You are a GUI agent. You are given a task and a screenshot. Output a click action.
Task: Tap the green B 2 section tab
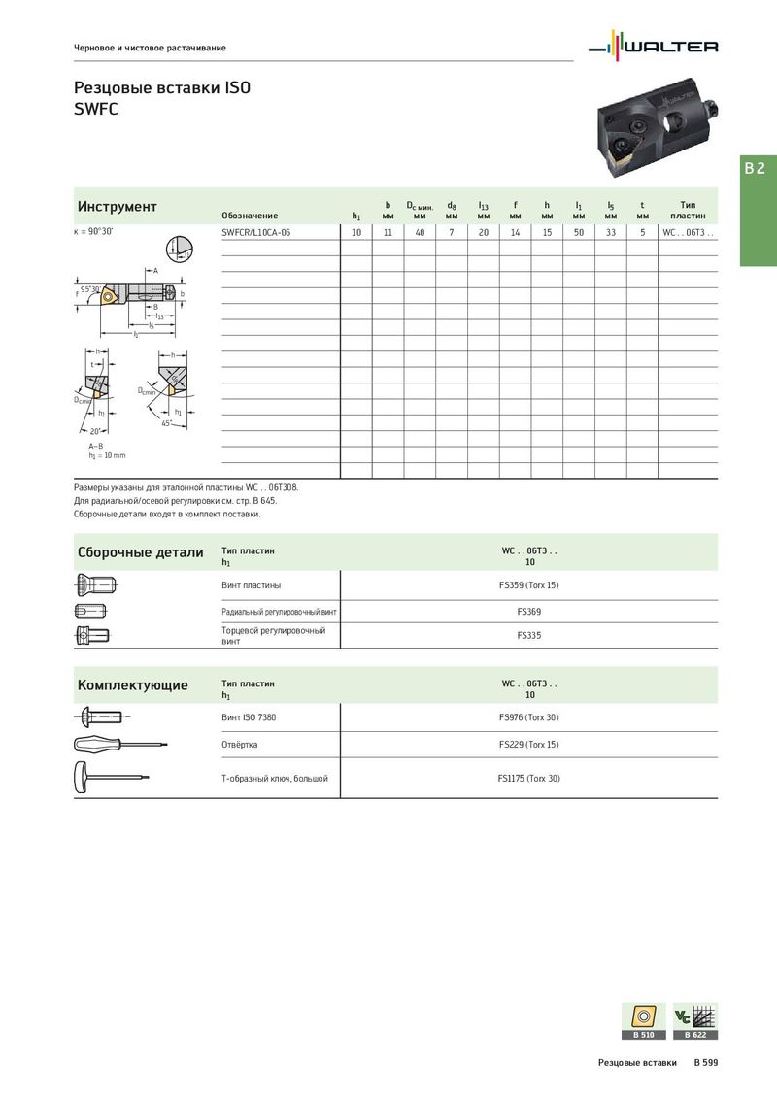(x=756, y=168)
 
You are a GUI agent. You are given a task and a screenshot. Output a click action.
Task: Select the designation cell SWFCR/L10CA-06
(x=256, y=233)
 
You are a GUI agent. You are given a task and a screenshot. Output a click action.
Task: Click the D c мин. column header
(x=420, y=210)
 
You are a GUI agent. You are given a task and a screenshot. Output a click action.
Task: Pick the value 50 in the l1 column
(x=579, y=233)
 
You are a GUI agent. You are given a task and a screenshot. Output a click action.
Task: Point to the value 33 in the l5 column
(x=611, y=233)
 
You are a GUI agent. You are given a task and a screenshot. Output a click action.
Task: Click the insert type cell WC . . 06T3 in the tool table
(x=688, y=233)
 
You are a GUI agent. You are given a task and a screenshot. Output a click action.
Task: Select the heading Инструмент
(x=118, y=207)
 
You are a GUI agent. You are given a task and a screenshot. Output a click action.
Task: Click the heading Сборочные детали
(x=141, y=552)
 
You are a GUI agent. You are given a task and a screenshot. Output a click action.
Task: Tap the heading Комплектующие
(x=133, y=685)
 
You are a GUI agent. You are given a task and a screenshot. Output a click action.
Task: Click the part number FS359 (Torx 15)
(x=529, y=585)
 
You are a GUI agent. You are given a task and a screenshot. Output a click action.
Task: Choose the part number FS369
(x=529, y=612)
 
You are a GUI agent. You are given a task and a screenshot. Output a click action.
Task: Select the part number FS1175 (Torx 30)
(x=529, y=779)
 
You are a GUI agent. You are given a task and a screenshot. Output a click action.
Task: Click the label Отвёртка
(x=240, y=745)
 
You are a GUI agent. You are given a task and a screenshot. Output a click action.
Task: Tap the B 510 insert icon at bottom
(x=644, y=1020)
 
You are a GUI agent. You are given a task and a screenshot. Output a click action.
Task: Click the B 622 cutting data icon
(x=695, y=1020)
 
